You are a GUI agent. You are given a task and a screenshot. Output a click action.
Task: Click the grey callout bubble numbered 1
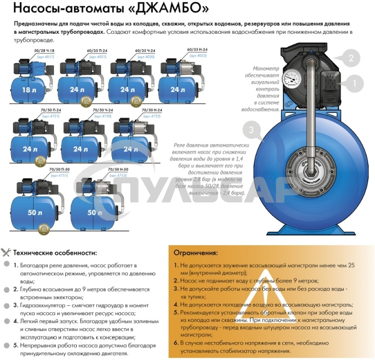coord(354,83)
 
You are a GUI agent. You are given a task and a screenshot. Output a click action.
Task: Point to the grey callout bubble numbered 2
coord(354,58)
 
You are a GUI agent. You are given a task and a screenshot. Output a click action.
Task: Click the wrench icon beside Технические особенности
coord(6,252)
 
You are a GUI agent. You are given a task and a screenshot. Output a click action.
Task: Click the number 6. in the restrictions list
coord(176,343)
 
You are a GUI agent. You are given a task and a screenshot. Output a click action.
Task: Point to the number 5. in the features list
coord(16,346)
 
